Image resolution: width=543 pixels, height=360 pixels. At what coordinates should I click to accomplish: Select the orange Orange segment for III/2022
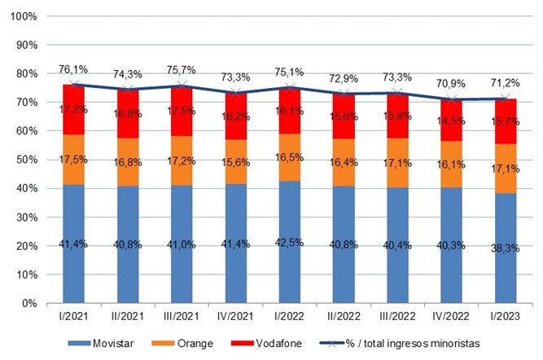(398, 163)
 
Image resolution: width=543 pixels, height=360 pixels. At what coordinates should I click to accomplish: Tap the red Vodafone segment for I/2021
(74, 109)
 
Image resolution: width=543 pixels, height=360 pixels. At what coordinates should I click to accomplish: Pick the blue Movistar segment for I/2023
(506, 248)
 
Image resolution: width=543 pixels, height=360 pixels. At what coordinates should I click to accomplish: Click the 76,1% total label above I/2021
(74, 69)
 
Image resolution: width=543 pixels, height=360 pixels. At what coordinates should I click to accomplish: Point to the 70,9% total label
(453, 83)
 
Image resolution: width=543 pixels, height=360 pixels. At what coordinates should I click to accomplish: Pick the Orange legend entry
(187, 344)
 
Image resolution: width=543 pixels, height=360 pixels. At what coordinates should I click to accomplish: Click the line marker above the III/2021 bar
(182, 85)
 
